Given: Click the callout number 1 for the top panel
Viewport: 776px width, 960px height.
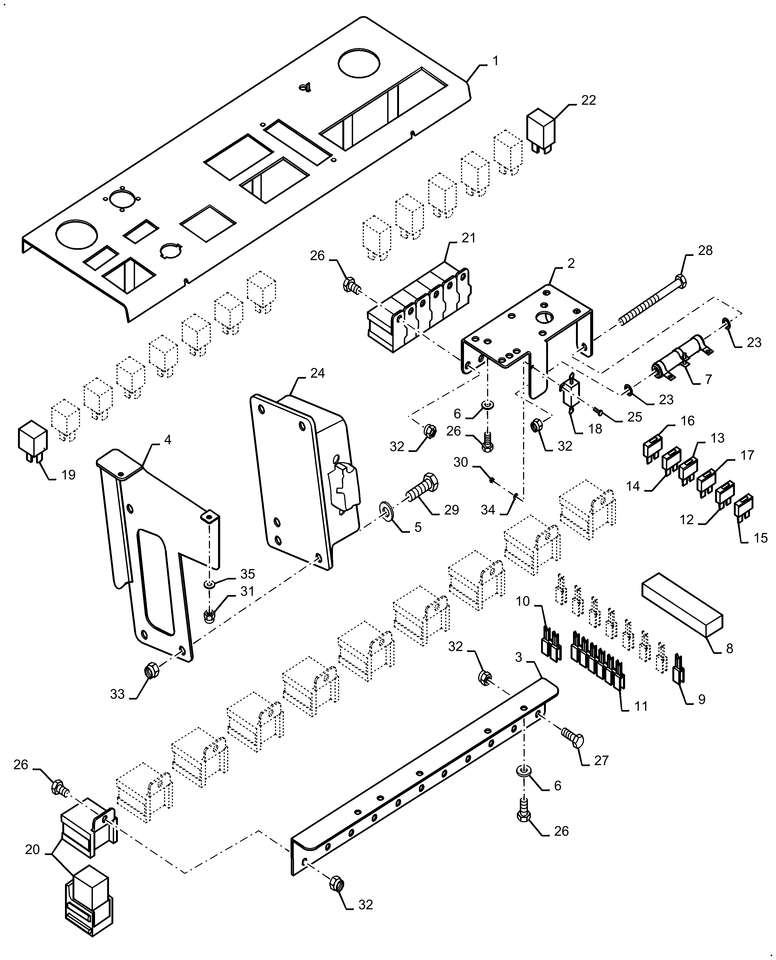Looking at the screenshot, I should point(495,61).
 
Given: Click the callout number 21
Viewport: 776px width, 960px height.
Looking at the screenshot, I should point(469,238).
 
